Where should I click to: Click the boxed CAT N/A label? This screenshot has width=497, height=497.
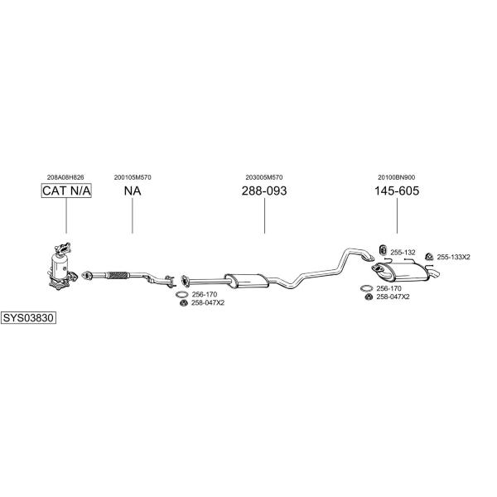(66, 191)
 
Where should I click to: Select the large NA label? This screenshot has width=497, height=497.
(133, 191)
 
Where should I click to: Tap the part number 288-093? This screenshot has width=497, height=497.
(264, 191)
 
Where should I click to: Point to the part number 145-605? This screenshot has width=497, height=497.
(397, 191)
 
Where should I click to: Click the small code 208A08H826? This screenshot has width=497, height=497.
(65, 177)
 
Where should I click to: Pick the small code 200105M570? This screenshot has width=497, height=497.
(133, 177)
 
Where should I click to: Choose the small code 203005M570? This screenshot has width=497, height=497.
(264, 177)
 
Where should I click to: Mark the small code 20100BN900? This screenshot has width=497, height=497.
(396, 177)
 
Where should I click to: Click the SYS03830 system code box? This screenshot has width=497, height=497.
(28, 317)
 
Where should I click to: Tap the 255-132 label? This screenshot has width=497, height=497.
(403, 253)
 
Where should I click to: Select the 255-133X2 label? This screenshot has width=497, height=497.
(453, 257)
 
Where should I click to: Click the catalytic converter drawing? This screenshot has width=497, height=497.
(63, 266)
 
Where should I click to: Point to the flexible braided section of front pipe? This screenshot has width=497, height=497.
(118, 275)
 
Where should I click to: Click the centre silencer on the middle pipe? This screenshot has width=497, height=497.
(247, 281)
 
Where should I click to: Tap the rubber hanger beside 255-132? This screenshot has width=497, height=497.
(383, 250)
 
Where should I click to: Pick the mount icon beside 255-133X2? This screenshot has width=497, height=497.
(429, 257)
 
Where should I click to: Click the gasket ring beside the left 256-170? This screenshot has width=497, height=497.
(182, 294)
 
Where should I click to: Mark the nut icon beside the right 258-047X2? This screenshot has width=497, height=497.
(369, 297)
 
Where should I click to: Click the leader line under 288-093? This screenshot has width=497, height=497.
(264, 215)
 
